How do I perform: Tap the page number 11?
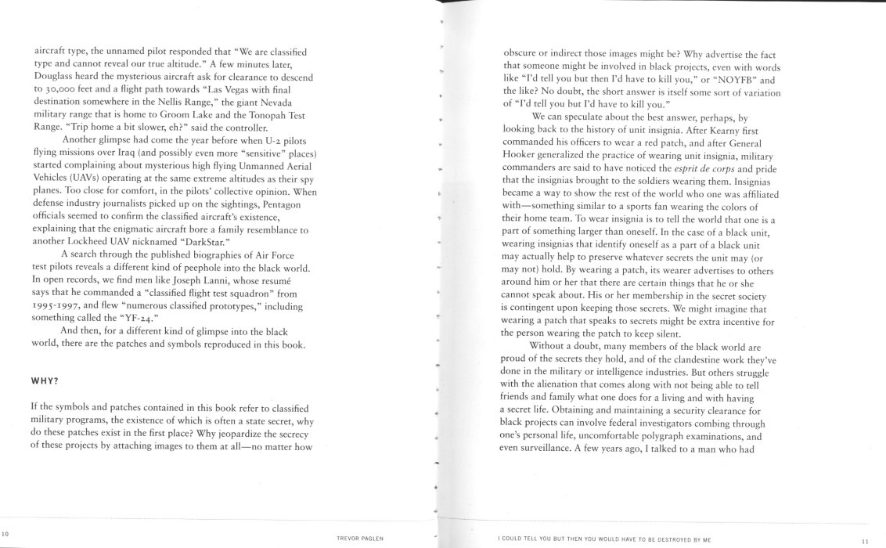tap(865, 539)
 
